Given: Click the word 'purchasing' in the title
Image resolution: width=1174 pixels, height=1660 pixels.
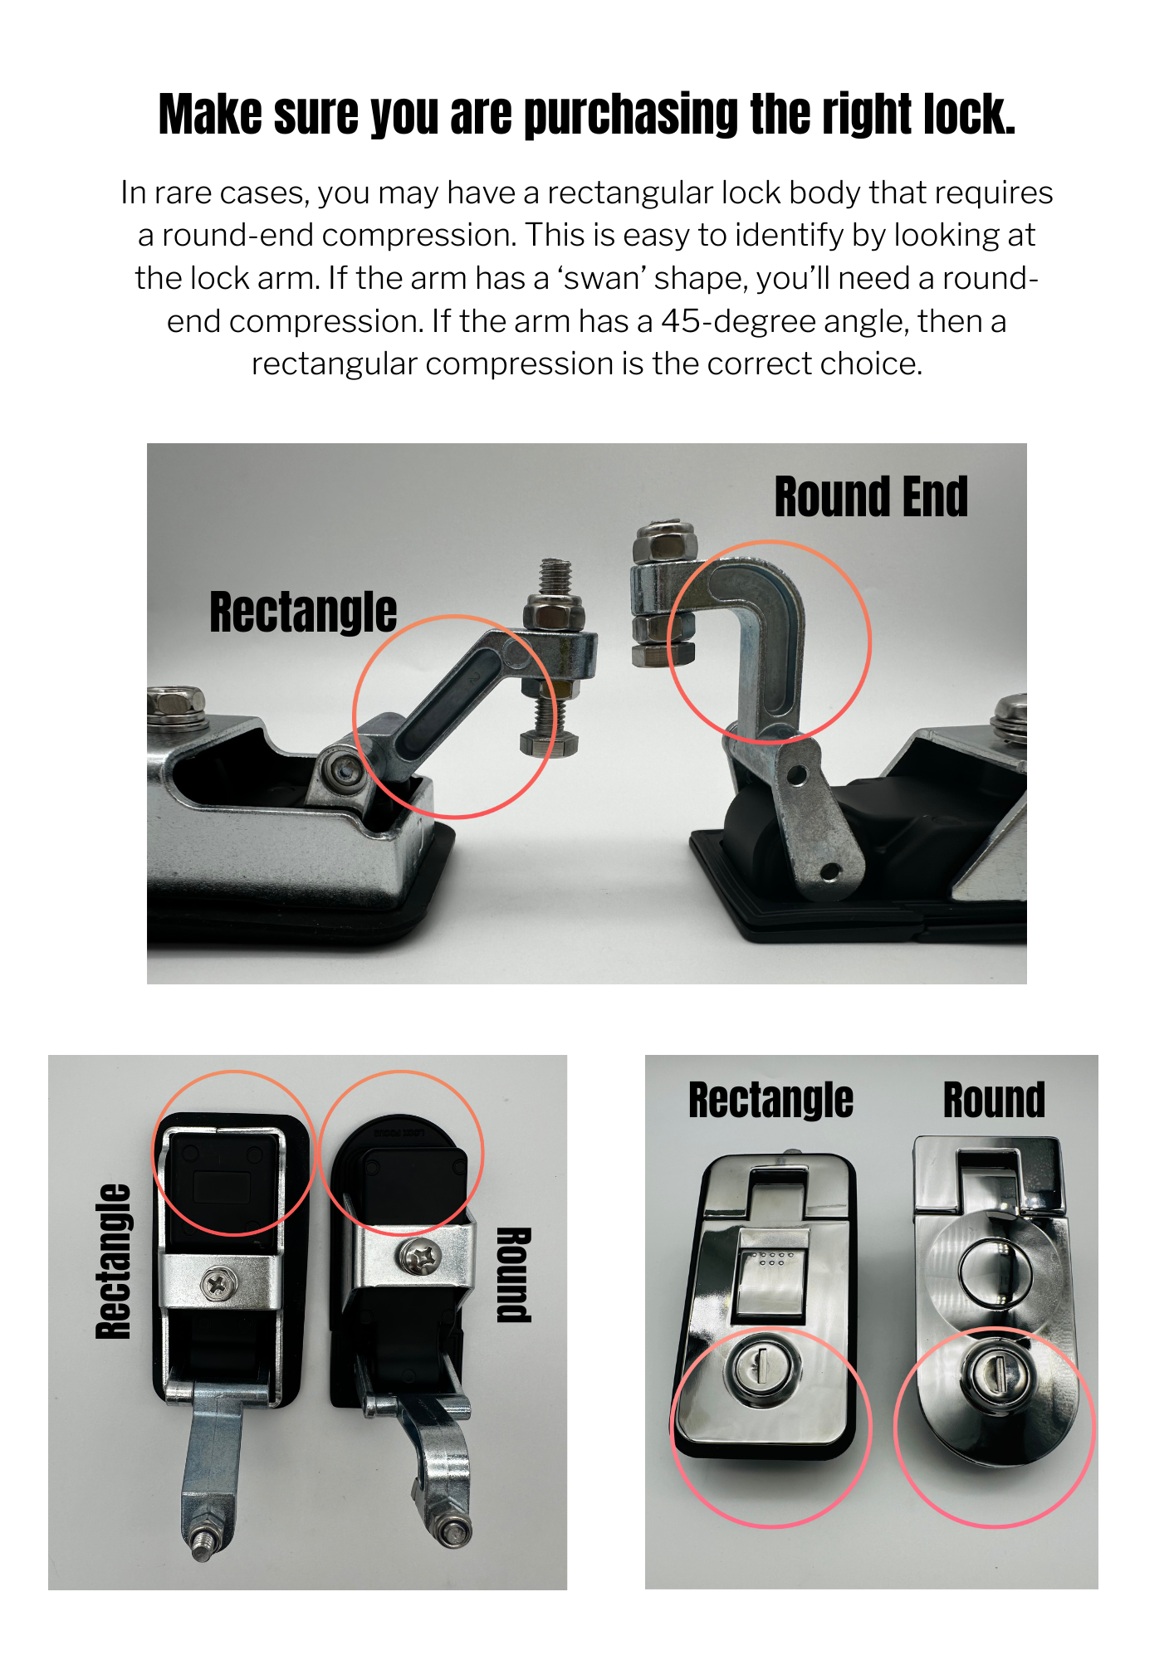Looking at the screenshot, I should pos(631,115).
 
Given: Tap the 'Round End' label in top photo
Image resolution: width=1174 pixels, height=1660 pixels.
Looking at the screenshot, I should pos(870,497).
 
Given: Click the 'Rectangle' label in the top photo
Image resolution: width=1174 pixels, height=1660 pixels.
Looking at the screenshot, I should pos(303,612).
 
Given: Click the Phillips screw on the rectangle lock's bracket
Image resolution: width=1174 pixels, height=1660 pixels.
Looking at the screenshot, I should pos(219,1286).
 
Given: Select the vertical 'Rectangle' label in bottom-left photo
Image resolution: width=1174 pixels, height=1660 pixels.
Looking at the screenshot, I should pos(114,1262).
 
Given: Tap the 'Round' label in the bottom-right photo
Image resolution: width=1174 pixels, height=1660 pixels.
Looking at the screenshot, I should pos(994,1101).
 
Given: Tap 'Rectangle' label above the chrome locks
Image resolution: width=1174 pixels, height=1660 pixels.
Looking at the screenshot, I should pos(770,1101).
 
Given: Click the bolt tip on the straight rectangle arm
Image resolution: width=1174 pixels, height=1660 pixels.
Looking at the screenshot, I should pos(201,1547).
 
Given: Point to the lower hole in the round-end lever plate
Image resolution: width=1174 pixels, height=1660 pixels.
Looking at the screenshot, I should pos(829,871).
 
